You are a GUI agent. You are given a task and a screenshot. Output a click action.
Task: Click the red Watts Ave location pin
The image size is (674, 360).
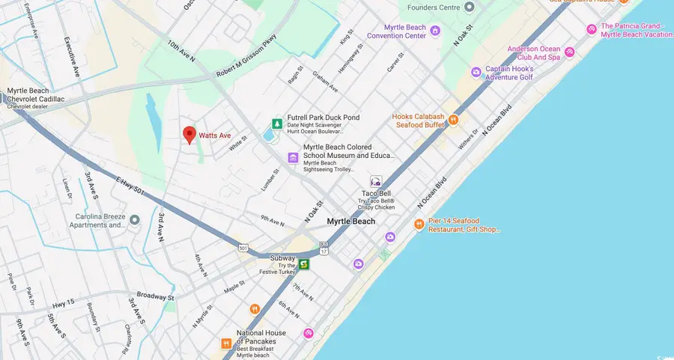click(189, 135)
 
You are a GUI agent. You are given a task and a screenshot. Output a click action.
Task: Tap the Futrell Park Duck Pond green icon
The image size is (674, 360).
click(277, 123)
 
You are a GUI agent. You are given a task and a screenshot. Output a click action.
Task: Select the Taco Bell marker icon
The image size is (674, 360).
click(376, 181)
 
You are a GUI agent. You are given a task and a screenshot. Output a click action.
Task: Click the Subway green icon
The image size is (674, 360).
click(304, 264)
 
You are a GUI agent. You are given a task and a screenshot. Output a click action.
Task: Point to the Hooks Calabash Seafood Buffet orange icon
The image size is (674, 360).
click(453, 120)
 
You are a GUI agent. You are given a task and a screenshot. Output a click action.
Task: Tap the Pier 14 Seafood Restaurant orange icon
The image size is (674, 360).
click(419, 225)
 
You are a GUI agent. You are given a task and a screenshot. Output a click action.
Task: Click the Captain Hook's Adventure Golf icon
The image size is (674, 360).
click(476, 72)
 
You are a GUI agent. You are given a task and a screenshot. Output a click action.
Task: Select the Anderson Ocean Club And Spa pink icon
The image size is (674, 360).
click(570, 52)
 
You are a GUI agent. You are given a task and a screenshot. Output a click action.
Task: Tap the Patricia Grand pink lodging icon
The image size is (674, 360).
click(592, 29)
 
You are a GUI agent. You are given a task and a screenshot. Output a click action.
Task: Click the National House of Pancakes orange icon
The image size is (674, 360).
click(226, 343)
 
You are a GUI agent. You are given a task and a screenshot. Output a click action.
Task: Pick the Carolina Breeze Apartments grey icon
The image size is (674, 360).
click(134, 220)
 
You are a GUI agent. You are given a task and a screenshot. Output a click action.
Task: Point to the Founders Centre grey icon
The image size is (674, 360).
click(470, 7)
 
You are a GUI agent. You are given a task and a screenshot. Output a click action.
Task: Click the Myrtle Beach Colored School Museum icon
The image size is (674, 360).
click(293, 157)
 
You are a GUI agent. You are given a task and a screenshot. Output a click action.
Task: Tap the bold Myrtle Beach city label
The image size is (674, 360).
click(350, 222)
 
